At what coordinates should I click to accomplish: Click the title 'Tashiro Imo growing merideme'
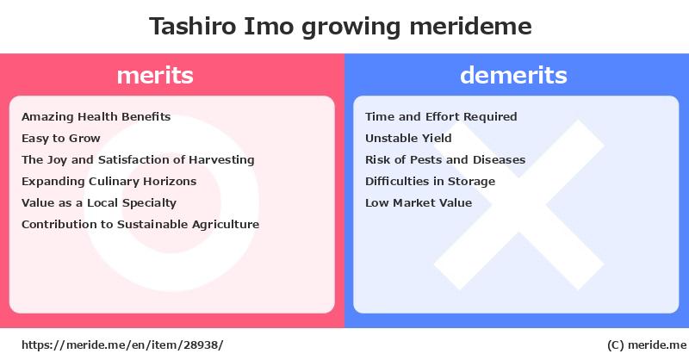click(340, 27)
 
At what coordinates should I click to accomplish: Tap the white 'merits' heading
click(155, 75)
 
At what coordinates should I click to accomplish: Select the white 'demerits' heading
click(513, 75)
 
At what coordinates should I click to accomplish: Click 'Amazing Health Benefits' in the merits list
click(96, 117)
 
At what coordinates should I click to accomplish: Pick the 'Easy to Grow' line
click(60, 139)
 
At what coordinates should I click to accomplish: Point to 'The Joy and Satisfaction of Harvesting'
click(138, 160)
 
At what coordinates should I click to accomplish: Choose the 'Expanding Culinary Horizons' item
click(109, 182)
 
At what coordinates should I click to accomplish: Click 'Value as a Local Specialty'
click(99, 203)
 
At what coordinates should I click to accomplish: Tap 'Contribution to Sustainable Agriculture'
click(140, 225)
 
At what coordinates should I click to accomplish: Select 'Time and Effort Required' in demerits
click(441, 117)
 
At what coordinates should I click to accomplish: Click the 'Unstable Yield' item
click(408, 139)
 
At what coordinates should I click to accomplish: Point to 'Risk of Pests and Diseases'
click(445, 160)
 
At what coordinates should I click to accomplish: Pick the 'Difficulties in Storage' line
click(430, 182)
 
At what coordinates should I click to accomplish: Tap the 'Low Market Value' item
click(419, 203)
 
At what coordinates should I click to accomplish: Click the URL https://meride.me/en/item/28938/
click(122, 345)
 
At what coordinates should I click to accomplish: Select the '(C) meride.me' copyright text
click(647, 345)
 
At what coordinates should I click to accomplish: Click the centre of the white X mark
click(519, 205)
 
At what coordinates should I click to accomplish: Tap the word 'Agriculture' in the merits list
click(226, 225)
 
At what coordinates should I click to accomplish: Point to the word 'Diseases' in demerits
click(499, 160)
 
